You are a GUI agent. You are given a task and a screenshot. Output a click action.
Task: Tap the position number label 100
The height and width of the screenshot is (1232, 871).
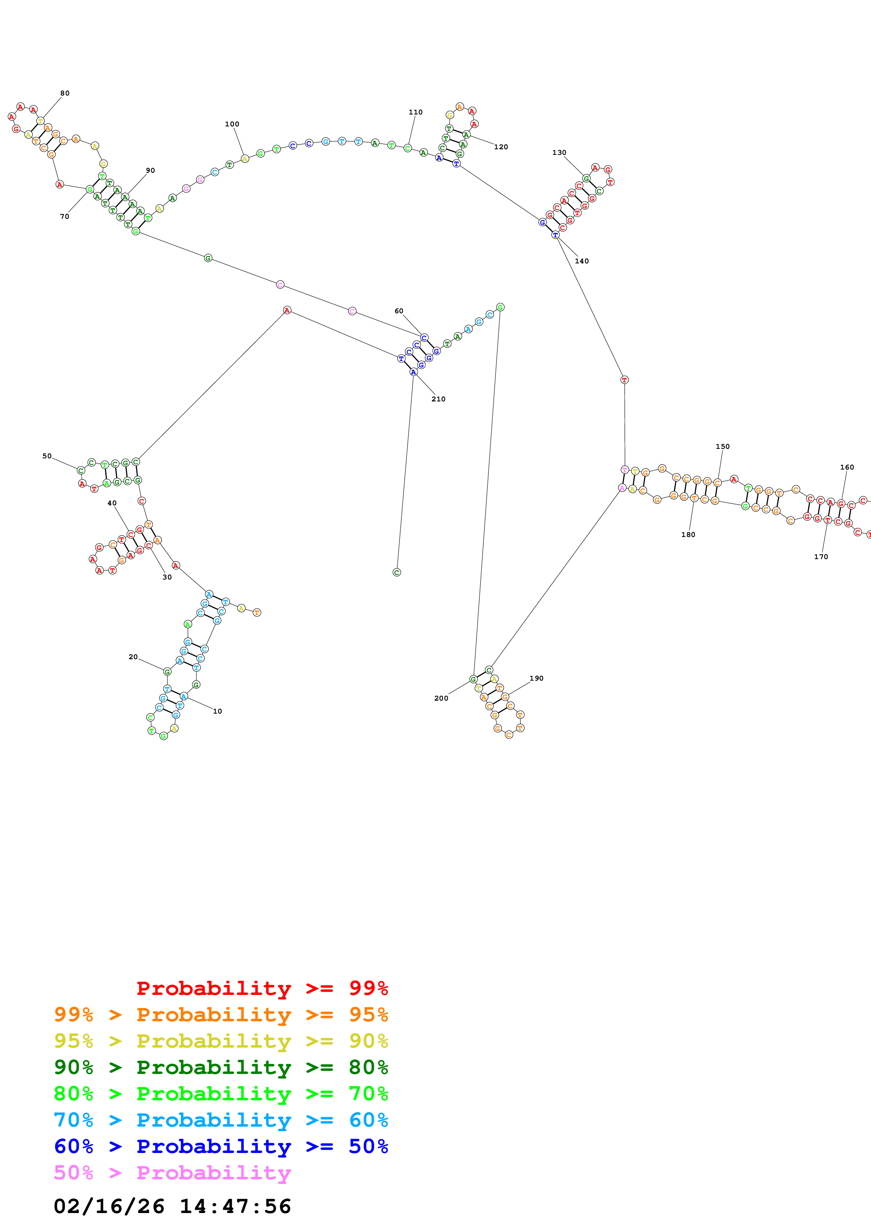[232, 124]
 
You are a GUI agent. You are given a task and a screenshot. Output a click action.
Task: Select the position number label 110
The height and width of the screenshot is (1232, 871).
[415, 112]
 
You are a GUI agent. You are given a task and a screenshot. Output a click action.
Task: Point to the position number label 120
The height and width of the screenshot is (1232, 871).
[501, 147]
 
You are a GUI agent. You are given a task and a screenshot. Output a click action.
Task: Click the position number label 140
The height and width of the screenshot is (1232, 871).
[582, 261]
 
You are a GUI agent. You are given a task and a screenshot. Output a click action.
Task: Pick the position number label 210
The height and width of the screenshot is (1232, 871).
[438, 399]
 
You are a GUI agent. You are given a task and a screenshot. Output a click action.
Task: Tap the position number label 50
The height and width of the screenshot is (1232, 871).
[47, 456]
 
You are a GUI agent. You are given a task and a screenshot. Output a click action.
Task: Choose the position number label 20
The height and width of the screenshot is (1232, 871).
[133, 657]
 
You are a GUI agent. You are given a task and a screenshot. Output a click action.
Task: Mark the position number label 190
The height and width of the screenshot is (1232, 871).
[536, 678]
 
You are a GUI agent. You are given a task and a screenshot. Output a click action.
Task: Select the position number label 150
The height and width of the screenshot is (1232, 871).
[722, 446]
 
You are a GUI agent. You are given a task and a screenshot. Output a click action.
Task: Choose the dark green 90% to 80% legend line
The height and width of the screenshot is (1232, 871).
[221, 1067]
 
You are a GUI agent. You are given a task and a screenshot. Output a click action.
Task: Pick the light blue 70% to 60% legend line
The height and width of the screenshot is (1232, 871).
[221, 1120]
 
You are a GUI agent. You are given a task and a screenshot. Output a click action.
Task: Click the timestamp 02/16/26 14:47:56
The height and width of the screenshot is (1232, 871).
[172, 1206]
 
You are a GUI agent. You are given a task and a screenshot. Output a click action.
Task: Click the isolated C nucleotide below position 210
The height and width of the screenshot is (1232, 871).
[397, 572]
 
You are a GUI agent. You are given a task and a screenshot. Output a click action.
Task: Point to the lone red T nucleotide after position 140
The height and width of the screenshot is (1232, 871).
[624, 380]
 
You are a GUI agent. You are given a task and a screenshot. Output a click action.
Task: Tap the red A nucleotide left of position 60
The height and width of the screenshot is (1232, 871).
[287, 310]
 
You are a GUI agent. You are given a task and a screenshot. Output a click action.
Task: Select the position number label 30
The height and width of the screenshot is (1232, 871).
[167, 577]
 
